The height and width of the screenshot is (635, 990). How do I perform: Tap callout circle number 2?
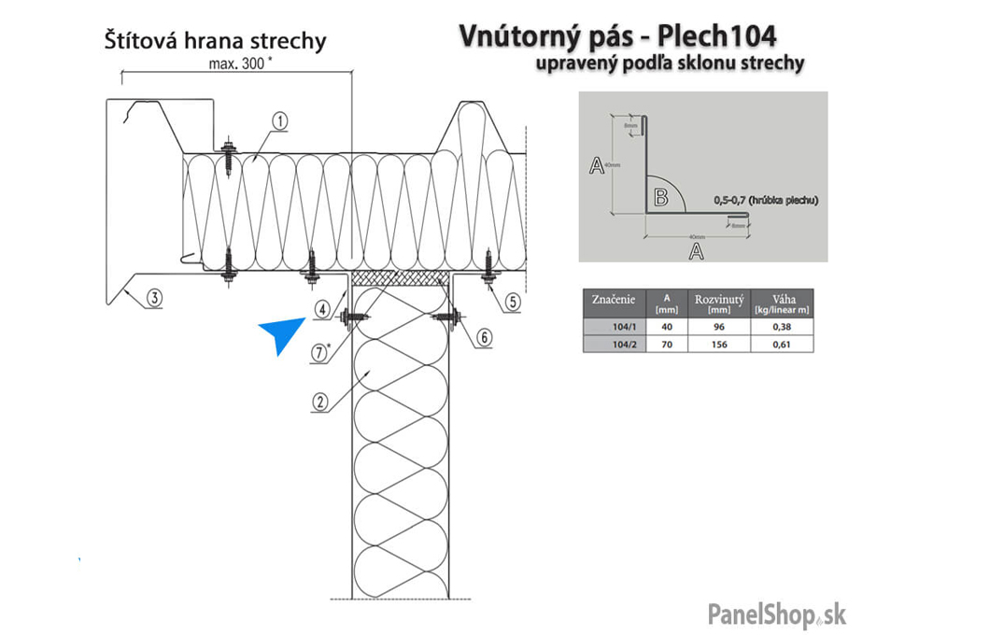[320, 402]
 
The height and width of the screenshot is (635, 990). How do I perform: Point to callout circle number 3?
[154, 299]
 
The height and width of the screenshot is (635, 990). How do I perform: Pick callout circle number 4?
[321, 308]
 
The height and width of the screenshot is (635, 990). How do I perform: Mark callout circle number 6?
[481, 337]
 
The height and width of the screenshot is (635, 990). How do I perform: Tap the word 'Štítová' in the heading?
[138, 41]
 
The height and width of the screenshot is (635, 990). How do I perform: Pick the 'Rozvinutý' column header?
[718, 299]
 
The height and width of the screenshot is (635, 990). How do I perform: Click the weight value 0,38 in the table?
[782, 327]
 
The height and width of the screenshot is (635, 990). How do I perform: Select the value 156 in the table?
[718, 344]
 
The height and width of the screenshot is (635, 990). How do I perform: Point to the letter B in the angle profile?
[660, 197]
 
